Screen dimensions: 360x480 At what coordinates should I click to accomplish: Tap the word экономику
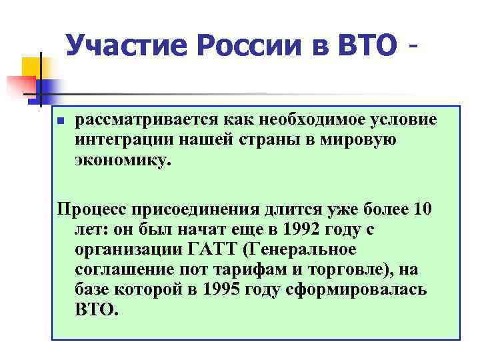click(123, 161)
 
